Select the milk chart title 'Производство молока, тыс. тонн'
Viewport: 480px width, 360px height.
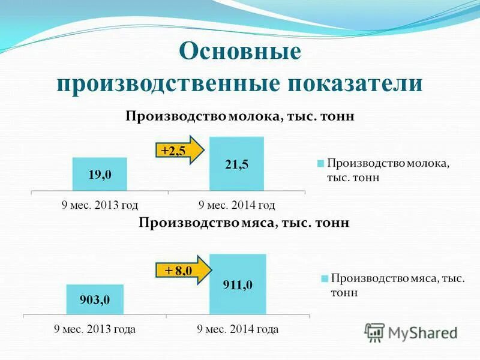coord(240,116)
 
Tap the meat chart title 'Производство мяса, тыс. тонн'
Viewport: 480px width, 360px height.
coord(244,223)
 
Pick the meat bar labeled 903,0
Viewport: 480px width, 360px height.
coord(95,299)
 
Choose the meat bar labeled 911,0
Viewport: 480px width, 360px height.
coord(237,284)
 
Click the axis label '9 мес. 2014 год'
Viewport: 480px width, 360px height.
coord(237,205)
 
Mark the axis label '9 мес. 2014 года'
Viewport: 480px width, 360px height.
coord(238,329)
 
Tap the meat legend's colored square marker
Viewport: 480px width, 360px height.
coord(324,278)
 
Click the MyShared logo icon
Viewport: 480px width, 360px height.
coord(375,332)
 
